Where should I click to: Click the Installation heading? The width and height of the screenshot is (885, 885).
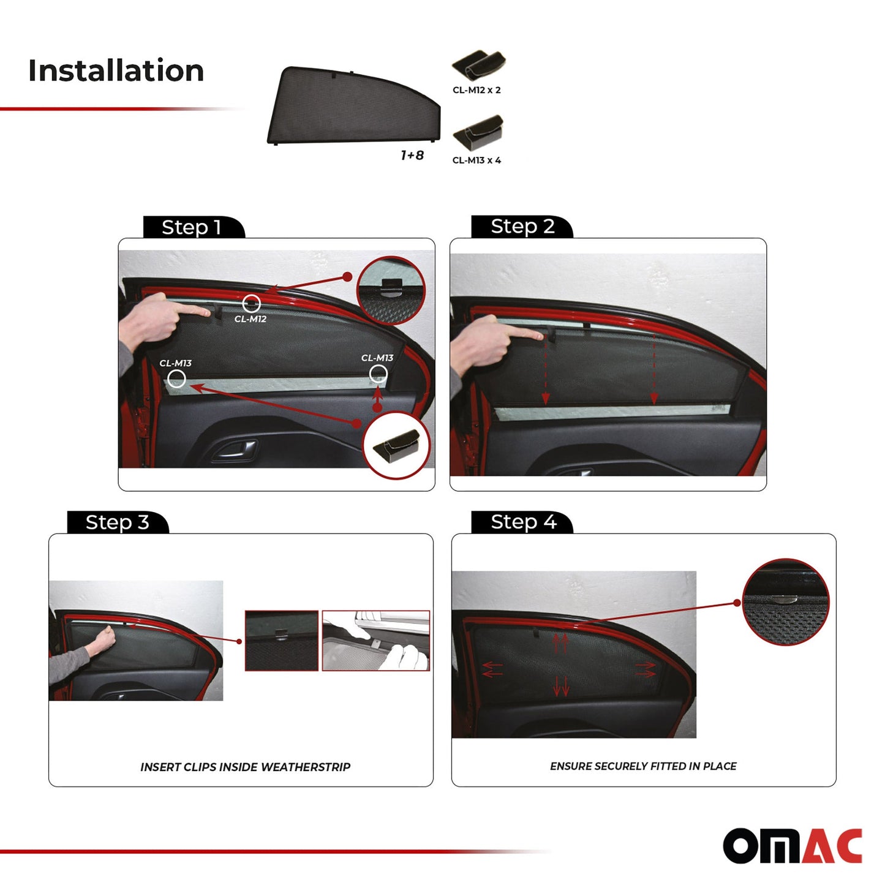[x=116, y=70]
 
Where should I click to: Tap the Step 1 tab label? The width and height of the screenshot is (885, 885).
[x=192, y=227]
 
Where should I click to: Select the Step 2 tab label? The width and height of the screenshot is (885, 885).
[x=522, y=227]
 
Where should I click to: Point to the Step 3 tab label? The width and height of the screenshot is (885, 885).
[x=117, y=522]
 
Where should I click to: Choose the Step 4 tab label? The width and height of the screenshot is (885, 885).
[x=524, y=522]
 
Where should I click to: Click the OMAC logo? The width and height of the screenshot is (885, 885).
[x=793, y=846]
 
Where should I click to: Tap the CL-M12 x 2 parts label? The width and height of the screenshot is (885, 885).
[x=476, y=90]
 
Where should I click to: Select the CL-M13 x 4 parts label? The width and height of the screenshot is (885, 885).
[x=476, y=160]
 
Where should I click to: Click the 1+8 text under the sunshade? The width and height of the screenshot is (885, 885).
[x=412, y=155]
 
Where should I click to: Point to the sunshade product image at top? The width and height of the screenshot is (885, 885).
[x=353, y=105]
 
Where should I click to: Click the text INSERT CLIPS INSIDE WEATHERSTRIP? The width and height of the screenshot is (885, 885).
[x=245, y=767]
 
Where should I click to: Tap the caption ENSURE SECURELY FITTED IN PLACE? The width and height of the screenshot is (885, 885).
[x=643, y=766]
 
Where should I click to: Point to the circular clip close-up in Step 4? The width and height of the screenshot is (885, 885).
[x=786, y=602]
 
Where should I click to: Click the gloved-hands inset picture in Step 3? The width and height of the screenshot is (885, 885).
[x=375, y=641]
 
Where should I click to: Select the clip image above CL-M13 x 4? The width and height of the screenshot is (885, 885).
[x=478, y=132]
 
